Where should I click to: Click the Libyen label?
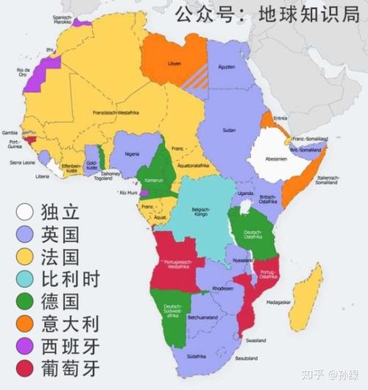(175, 63)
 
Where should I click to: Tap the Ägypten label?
(227, 66)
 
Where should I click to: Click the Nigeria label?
(132, 154)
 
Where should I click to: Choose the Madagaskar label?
(298, 302)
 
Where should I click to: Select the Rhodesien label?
(222, 288)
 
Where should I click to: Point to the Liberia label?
(43, 177)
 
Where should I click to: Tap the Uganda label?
(244, 193)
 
